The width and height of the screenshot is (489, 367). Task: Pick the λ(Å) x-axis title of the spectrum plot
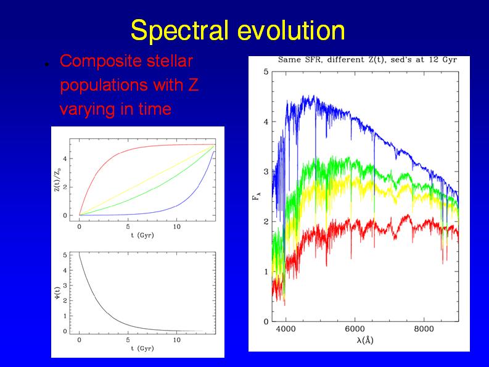(361, 340)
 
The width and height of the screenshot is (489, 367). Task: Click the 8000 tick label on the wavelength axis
(424, 329)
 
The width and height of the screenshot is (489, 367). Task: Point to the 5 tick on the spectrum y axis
(265, 72)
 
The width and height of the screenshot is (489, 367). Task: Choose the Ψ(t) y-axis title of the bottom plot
(58, 293)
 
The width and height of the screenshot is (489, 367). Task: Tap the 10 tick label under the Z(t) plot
(176, 227)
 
